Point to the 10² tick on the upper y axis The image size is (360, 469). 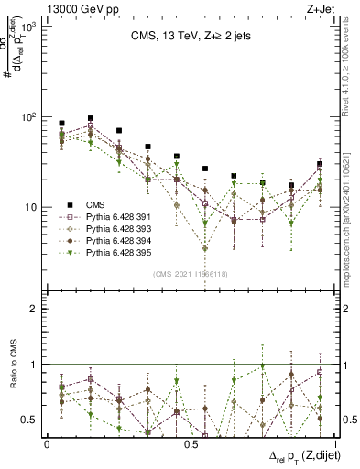[28, 117]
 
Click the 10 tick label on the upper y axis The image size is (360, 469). [32, 207]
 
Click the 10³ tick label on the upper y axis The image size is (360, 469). [28, 27]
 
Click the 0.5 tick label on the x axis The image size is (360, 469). [191, 442]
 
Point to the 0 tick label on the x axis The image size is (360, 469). [47, 442]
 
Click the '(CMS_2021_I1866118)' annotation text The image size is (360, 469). [189, 274]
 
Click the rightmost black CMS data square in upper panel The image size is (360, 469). [319, 164]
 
